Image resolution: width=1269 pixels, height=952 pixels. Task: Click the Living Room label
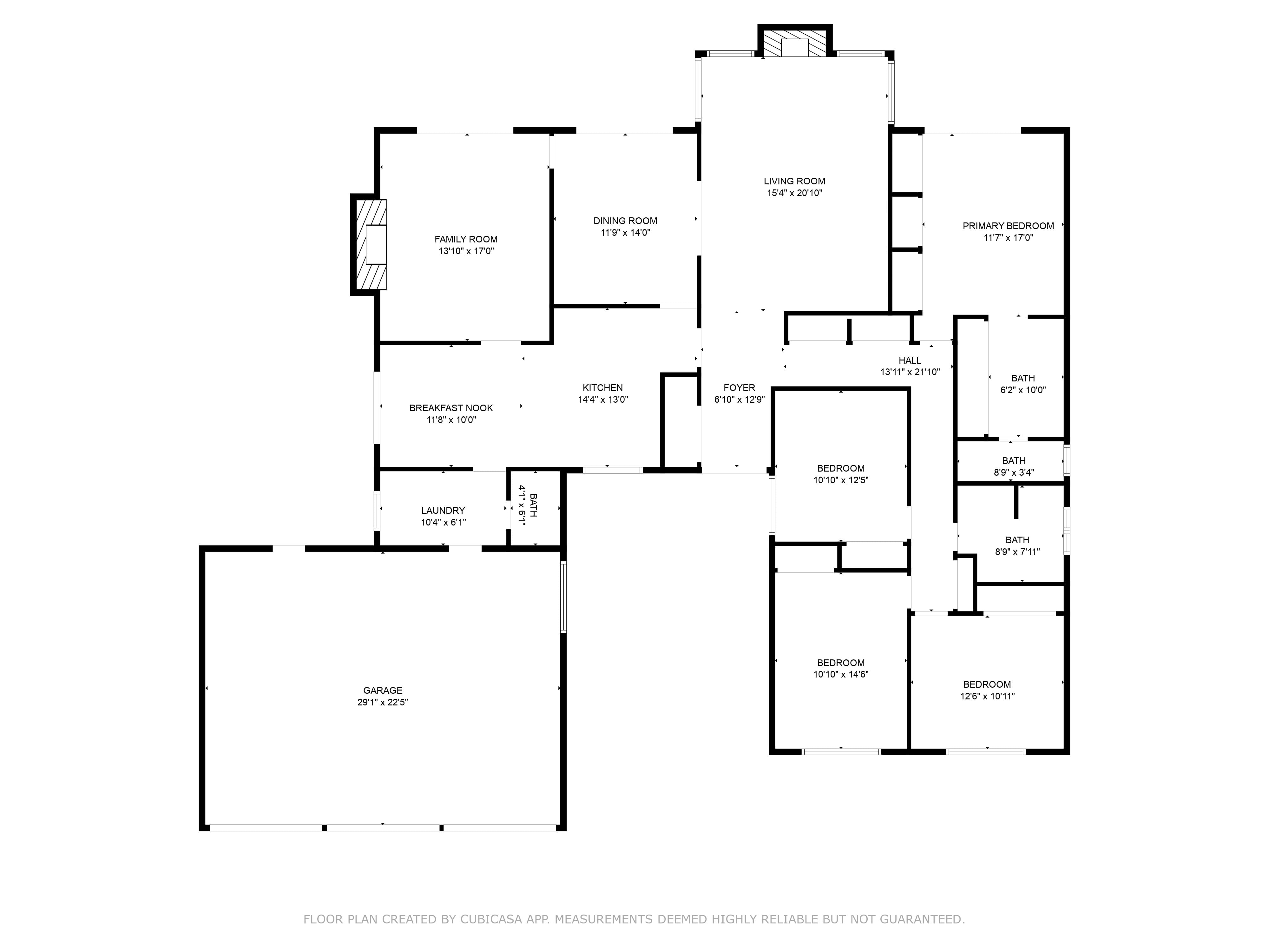[x=795, y=181]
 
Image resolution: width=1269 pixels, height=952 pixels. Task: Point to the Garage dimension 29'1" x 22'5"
[x=383, y=702]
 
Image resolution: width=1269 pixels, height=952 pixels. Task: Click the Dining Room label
[x=625, y=221]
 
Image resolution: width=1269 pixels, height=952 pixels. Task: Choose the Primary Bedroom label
[x=1008, y=226]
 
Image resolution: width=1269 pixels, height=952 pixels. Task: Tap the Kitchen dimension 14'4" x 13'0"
[x=603, y=400]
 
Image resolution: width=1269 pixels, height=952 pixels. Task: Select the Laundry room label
[x=443, y=510]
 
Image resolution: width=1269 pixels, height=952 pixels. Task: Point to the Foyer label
[x=740, y=388]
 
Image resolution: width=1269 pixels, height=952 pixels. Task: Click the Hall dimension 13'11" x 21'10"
[x=910, y=372]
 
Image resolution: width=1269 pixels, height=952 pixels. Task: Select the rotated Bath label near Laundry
[x=534, y=505]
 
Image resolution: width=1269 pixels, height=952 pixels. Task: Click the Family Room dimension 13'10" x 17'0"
[x=466, y=251]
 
